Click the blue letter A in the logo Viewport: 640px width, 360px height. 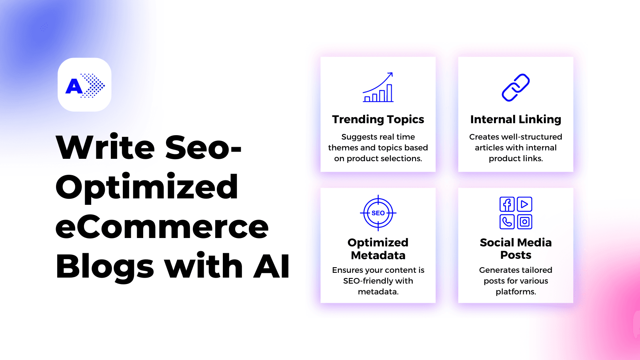(74, 86)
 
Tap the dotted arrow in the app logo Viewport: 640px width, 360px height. (93, 86)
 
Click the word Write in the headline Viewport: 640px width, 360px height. (105, 148)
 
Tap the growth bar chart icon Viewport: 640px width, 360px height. (378, 87)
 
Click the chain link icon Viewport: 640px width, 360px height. (516, 88)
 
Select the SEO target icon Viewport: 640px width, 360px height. (378, 213)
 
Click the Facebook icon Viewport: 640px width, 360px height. (507, 204)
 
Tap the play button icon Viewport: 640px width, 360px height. (524, 204)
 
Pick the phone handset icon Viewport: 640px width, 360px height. (507, 222)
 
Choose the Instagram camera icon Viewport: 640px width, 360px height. (524, 222)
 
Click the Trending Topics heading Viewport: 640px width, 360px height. (378, 120)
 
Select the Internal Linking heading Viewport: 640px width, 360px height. (516, 120)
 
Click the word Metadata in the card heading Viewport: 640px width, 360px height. (378, 255)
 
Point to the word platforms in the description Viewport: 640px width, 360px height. (516, 292)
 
